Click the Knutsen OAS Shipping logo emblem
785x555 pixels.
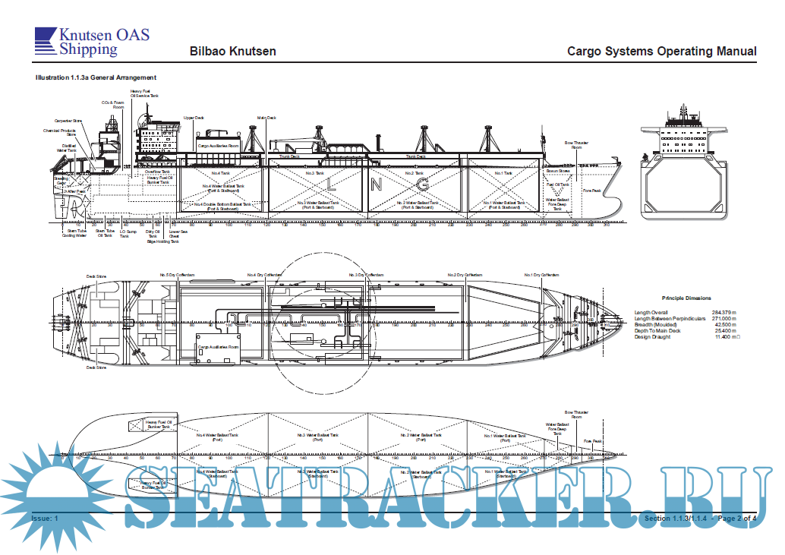pyautogui.click(x=45, y=41)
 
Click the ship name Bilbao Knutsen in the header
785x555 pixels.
pyautogui.click(x=232, y=52)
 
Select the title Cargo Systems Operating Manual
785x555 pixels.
pyautogui.click(x=661, y=52)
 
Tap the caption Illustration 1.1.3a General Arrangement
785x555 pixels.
pyautogui.click(x=96, y=77)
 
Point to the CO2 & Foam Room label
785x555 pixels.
pyautogui.click(x=112, y=104)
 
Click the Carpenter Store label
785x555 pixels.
pyautogui.click(x=68, y=121)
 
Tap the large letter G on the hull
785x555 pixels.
pyautogui.click(x=424, y=184)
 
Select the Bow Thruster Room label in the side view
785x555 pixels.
pyautogui.click(x=577, y=144)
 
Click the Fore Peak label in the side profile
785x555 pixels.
pyautogui.click(x=591, y=191)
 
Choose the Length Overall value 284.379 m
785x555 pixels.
pyautogui.click(x=725, y=312)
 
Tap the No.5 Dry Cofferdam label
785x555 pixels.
pyautogui.click(x=175, y=275)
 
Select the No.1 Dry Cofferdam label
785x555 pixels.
pyautogui.click(x=542, y=275)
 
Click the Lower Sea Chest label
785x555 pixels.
pyautogui.click(x=174, y=234)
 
